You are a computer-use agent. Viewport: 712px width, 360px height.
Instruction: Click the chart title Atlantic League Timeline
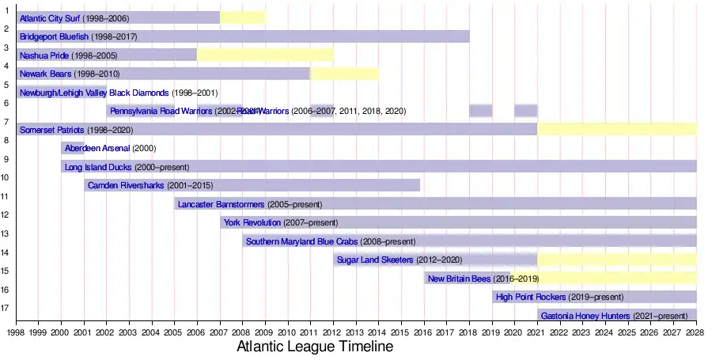pos(315,347)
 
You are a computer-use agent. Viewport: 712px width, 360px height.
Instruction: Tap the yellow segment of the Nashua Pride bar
pos(265,55)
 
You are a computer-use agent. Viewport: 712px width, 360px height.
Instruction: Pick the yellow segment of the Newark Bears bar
pos(344,74)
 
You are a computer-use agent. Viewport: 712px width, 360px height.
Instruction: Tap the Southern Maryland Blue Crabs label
pos(302,241)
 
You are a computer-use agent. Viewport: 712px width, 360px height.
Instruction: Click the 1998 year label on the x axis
pos(15,333)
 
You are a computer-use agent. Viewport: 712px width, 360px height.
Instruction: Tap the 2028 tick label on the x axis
pos(696,333)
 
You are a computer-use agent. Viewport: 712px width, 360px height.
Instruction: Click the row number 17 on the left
pos(6,309)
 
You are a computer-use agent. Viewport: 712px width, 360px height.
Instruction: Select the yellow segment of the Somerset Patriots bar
pos(617,129)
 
